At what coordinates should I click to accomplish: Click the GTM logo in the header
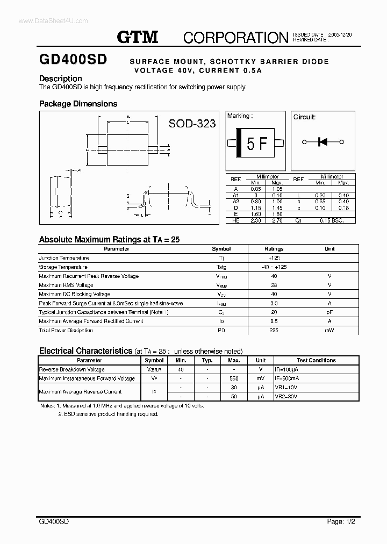pyautogui.click(x=138, y=37)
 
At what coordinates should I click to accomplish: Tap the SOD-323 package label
pyautogui.click(x=192, y=124)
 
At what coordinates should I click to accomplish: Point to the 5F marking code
pyautogui.click(x=256, y=144)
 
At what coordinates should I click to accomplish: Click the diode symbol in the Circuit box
pyautogui.click(x=323, y=142)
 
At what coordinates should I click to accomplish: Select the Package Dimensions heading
pyautogui.click(x=78, y=104)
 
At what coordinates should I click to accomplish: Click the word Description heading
pyautogui.click(x=61, y=78)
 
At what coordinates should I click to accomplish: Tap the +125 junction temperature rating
pyautogui.click(x=274, y=258)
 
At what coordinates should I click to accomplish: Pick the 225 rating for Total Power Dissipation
pyautogui.click(x=274, y=330)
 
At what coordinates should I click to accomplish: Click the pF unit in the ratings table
pyautogui.click(x=329, y=312)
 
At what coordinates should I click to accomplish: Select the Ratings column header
pyautogui.click(x=274, y=249)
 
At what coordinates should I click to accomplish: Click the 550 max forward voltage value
pyautogui.click(x=234, y=378)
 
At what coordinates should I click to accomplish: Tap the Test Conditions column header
pyautogui.click(x=316, y=360)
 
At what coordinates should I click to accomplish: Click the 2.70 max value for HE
pyautogui.click(x=277, y=220)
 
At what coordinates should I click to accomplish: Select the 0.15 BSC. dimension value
pyautogui.click(x=331, y=220)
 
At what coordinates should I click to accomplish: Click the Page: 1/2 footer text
pyautogui.click(x=341, y=522)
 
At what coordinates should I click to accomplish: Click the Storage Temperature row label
pyautogui.click(x=63, y=267)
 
